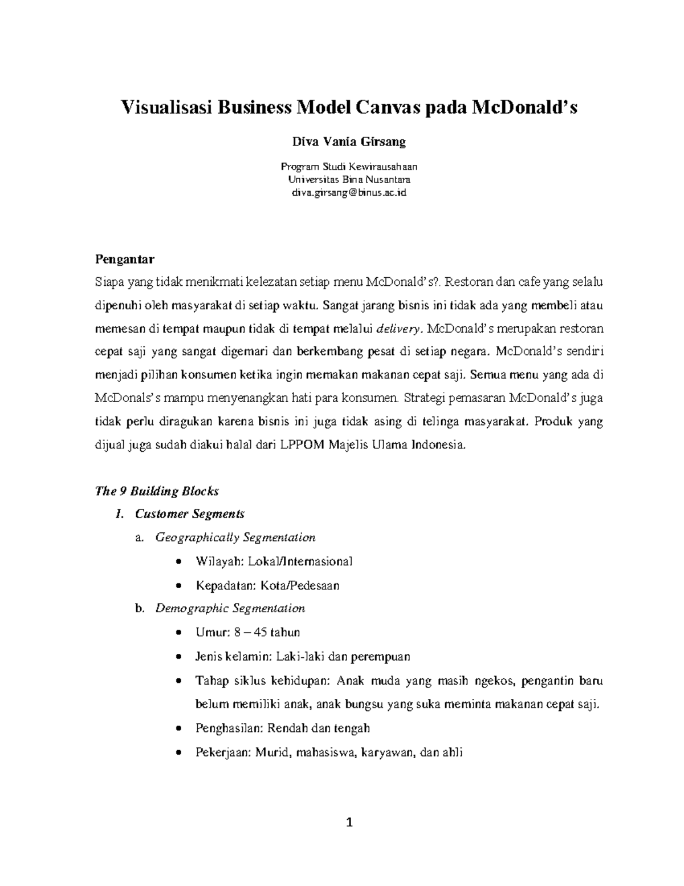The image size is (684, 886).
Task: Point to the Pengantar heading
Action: point(124,260)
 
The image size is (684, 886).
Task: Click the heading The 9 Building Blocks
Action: point(156,491)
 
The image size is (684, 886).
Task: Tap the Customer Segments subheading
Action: point(189,514)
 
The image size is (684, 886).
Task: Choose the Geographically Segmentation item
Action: point(235,537)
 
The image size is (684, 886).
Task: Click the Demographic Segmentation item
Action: point(230,608)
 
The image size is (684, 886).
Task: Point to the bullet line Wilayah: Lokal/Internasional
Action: point(274,561)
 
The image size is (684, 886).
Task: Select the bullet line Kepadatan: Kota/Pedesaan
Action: point(267,585)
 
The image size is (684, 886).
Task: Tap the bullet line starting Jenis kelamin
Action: point(302,656)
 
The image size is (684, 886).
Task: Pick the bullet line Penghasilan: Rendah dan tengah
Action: point(282,728)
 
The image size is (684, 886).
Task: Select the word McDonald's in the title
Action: point(523,107)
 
